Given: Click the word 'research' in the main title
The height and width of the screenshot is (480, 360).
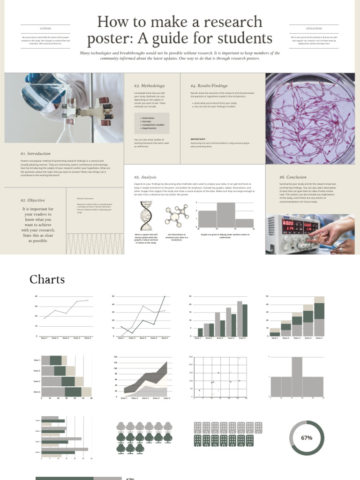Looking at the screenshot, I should [229, 22].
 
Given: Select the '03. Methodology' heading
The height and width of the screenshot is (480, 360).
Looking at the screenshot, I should [150, 86].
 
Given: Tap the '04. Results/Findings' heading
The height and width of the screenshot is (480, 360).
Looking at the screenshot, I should [209, 86].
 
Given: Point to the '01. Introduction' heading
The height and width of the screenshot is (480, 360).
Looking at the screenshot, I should [36, 153].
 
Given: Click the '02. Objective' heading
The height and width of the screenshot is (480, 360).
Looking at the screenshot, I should [33, 200].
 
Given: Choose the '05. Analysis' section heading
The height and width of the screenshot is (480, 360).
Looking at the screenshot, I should [145, 177].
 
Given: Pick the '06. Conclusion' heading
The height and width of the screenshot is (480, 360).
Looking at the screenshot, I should [293, 177].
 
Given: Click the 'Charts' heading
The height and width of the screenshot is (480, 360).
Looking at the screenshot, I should [47, 279].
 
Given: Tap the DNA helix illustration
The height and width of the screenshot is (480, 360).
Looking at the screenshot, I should [146, 216].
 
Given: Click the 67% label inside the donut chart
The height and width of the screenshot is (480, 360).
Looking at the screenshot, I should [307, 438].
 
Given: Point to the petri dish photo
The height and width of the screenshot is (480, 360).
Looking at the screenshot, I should [310, 118].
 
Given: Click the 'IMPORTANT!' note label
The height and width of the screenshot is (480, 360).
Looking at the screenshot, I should [198, 139].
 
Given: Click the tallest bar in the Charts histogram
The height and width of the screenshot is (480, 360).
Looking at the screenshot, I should [297, 377].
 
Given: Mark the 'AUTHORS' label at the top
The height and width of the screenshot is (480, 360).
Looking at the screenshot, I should [45, 28].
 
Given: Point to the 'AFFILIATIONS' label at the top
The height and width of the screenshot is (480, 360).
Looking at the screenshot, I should [314, 28].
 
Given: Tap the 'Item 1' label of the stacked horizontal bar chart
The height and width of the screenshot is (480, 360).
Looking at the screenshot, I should [37, 360].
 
